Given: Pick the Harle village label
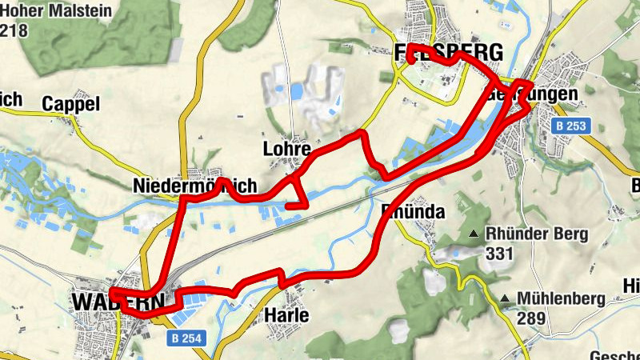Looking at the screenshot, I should click(x=286, y=316).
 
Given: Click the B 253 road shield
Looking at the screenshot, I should click(x=571, y=126).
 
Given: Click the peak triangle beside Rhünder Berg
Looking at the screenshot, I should click(x=475, y=234).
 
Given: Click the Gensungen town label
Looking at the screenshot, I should click(x=532, y=94).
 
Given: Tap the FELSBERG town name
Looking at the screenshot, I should click(x=449, y=53).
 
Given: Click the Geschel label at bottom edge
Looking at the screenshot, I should click(x=614, y=355).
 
